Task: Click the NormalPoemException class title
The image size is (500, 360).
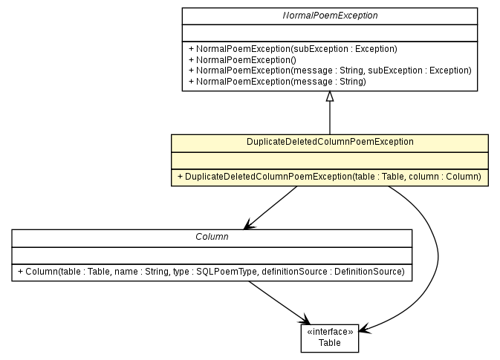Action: pyautogui.click(x=329, y=15)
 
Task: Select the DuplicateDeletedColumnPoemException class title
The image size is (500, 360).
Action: pyautogui.click(x=329, y=141)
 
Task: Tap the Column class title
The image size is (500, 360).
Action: pyautogui.click(x=211, y=236)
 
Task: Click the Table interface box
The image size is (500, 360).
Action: pyautogui.click(x=329, y=338)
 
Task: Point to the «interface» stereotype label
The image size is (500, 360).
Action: pyautogui.click(x=329, y=333)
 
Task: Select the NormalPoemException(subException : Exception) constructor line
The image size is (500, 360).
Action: pyautogui.click(x=293, y=49)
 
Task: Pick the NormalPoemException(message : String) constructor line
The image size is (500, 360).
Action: pyautogui.click(x=277, y=81)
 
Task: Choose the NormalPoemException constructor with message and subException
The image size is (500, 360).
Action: pyautogui.click(x=330, y=71)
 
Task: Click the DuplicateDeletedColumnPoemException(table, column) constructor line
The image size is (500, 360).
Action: pyautogui.click(x=329, y=177)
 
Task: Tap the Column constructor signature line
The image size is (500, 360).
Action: pyautogui.click(x=211, y=272)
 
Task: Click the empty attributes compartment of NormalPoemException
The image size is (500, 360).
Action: pyautogui.click(x=329, y=33)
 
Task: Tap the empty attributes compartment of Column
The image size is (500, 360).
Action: pyautogui.click(x=211, y=254)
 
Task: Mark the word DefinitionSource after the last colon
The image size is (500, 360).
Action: pyautogui.click(x=368, y=272)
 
